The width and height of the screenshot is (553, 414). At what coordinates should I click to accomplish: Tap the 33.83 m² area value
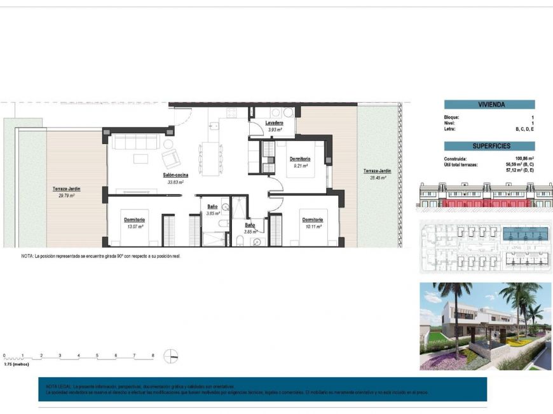(x=175, y=182)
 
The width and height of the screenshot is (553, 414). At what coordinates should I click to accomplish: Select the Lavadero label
(x=275, y=123)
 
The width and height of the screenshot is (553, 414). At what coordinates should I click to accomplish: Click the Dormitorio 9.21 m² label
(x=299, y=159)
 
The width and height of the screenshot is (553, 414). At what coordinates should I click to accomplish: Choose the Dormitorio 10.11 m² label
(x=311, y=220)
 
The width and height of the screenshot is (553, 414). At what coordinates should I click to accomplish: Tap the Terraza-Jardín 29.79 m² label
(x=66, y=189)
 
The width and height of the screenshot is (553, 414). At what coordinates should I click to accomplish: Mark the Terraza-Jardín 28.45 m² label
(x=376, y=171)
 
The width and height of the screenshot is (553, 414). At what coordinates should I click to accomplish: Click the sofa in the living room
(x=134, y=141)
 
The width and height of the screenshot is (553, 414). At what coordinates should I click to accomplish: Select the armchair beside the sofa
(x=171, y=157)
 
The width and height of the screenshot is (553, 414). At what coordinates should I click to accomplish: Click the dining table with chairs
(x=208, y=157)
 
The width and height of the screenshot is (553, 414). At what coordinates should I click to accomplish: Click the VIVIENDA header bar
(x=489, y=105)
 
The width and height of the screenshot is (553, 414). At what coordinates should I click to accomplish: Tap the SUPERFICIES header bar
(x=489, y=146)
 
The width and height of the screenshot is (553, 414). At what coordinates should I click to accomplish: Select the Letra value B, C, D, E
(x=522, y=129)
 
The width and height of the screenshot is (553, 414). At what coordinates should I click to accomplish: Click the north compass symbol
(x=171, y=356)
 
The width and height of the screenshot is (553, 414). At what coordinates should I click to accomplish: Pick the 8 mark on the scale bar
(x=153, y=356)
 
